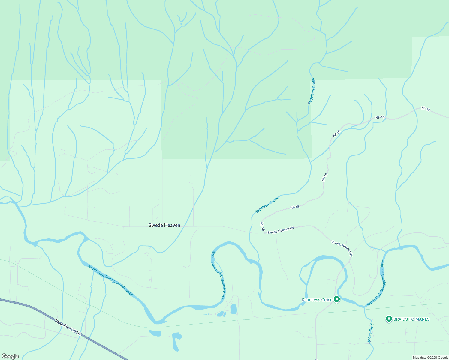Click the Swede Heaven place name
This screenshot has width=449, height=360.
pyautogui.click(x=164, y=225)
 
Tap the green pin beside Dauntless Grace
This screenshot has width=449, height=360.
pyautogui.click(x=337, y=299)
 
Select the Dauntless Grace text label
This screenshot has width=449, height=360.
pyautogui.click(x=317, y=300)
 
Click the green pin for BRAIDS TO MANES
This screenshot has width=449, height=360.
pyautogui.click(x=389, y=319)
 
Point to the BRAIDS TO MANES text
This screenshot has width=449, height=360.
pyautogui.click(x=411, y=319)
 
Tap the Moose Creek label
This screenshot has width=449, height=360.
pyautogui.click(x=371, y=333)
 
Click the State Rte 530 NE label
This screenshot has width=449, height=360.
pyautogui.click(x=68, y=327)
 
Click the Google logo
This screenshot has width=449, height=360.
pyautogui.click(x=10, y=356)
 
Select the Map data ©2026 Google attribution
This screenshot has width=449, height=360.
pyautogui.click(x=430, y=358)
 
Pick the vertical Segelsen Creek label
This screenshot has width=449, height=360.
pyautogui.click(x=312, y=91)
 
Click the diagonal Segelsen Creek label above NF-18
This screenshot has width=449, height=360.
pyautogui.click(x=267, y=205)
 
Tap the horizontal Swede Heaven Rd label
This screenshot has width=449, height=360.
pyautogui.click(x=280, y=230)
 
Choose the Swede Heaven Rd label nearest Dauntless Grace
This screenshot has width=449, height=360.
pyautogui.click(x=342, y=248)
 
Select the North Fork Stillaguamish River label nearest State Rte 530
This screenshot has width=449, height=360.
pyautogui.click(x=110, y=280)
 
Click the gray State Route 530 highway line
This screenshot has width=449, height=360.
pyautogui.click(x=30, y=307)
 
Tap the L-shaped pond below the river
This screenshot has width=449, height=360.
pyautogui.click(x=176, y=341)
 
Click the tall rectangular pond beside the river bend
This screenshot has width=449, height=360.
pyautogui.click(x=234, y=309)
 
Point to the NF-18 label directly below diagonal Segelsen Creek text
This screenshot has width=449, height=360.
pyautogui.click(x=295, y=207)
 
